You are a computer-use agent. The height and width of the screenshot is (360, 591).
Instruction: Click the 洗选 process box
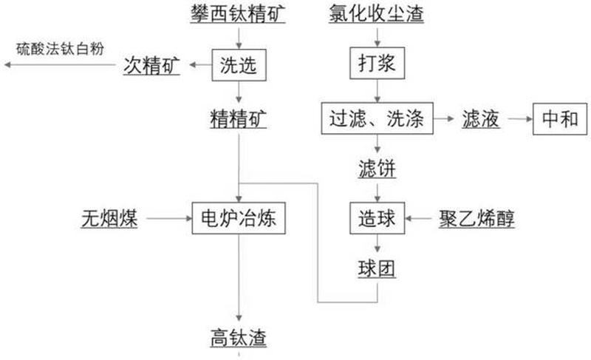(239, 65)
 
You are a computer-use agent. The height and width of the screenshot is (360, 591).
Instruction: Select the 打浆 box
(378, 63)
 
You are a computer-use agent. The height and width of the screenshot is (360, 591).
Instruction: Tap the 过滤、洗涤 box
(378, 118)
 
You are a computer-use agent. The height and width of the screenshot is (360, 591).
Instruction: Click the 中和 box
(560, 119)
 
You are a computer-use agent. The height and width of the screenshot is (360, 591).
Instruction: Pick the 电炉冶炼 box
(239, 218)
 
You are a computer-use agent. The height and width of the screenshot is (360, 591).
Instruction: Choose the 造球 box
(378, 218)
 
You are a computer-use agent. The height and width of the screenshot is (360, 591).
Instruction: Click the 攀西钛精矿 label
(238, 13)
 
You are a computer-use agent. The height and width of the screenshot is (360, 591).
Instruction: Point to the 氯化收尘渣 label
(377, 13)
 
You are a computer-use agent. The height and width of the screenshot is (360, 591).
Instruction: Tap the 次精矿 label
(152, 66)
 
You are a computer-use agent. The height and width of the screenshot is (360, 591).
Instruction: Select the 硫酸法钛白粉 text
(61, 49)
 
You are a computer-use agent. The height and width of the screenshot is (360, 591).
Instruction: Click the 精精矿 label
(239, 119)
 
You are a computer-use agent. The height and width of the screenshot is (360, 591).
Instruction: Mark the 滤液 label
(481, 119)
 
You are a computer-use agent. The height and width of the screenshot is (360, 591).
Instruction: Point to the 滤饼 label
(378, 168)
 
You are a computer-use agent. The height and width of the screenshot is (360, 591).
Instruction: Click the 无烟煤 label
(109, 219)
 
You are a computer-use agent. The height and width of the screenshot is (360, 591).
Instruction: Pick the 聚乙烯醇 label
(476, 219)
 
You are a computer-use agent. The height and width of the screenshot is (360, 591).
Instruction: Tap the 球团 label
(377, 269)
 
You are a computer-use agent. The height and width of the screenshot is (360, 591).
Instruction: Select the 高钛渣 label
(239, 338)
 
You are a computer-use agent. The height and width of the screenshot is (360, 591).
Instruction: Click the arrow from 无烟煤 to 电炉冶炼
(169, 218)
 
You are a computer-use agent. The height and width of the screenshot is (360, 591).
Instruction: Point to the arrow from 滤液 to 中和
(520, 119)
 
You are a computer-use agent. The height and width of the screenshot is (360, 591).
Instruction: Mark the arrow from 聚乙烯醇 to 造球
(418, 218)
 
